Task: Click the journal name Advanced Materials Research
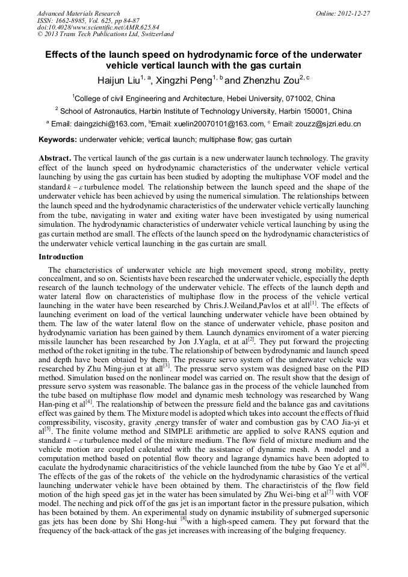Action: pyautogui.click(x=78, y=13)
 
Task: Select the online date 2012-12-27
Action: pyautogui.click(x=355, y=13)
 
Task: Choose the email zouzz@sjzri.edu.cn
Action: pyautogui.click(x=326, y=123)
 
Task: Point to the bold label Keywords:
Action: pyautogui.click(x=57, y=140)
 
